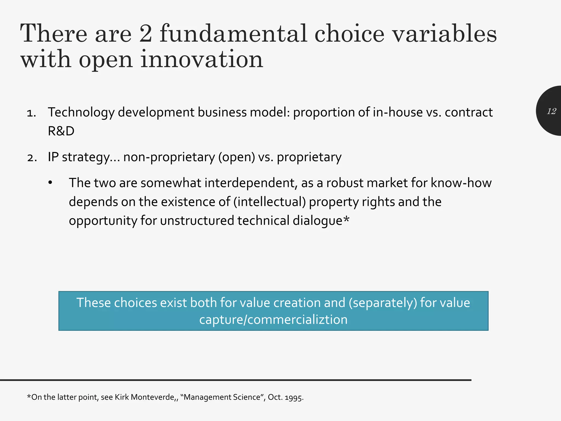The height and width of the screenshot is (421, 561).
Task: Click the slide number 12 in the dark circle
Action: click(551, 111)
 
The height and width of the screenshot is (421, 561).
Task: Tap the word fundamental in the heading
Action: click(233, 34)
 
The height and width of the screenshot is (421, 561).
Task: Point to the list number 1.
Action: click(32, 113)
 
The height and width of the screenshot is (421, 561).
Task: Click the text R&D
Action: click(61, 131)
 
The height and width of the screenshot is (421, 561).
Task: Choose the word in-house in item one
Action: click(398, 112)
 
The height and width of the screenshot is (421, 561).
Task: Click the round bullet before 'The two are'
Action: click(50, 183)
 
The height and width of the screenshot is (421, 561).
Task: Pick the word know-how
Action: click(461, 183)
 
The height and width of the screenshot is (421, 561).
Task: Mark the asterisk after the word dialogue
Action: click(346, 220)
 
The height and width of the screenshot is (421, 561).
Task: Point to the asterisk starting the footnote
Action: click(29, 396)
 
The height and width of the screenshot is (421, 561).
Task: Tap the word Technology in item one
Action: click(81, 112)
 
